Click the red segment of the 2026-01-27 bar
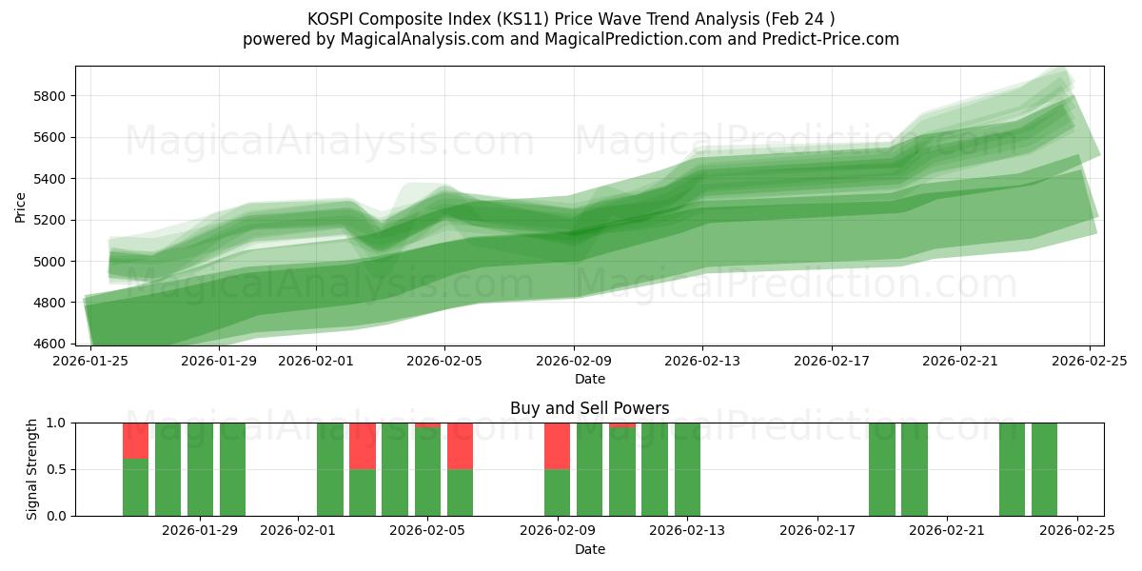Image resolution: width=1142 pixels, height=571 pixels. [135, 441]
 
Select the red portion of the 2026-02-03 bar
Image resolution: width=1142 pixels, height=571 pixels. [363, 445]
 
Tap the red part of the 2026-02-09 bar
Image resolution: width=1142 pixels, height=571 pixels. [557, 445]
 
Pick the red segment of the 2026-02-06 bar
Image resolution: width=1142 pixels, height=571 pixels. [460, 445]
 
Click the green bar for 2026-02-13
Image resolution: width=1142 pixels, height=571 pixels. [687, 469]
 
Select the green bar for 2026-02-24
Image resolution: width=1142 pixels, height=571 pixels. [1044, 469]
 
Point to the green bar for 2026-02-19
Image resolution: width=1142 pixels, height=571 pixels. [882, 469]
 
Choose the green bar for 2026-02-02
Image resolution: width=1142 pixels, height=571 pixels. [330, 469]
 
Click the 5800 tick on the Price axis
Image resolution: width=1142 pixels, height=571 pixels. [49, 96]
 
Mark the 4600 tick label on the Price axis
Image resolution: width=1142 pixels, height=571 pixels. [49, 344]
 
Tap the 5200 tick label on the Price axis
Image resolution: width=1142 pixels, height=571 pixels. [49, 220]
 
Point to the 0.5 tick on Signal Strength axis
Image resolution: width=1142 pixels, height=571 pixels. [56, 469]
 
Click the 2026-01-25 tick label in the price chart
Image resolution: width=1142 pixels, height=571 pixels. [90, 361]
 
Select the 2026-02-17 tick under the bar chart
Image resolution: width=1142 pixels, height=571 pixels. [817, 530]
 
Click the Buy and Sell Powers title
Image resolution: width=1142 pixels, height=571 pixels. [589, 408]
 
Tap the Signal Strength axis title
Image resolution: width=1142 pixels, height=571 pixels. [31, 469]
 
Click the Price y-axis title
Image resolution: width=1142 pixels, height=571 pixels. [21, 206]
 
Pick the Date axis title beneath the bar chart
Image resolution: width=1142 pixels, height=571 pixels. [589, 549]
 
